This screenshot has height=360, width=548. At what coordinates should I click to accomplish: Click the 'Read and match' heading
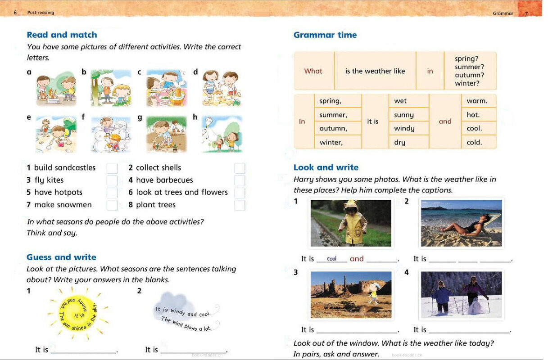62,35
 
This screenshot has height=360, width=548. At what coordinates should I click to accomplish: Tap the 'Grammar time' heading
325,35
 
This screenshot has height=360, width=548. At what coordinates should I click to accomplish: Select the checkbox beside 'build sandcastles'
112,168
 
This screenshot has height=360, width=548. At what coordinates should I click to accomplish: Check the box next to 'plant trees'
240,206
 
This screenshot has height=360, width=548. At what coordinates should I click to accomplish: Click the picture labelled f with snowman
111,134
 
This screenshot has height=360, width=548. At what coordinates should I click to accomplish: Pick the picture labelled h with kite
222,134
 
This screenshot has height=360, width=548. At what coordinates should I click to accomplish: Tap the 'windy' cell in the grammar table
404,129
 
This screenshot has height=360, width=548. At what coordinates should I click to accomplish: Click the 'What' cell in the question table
313,71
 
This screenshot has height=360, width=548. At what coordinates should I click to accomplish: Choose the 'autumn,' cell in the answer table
333,129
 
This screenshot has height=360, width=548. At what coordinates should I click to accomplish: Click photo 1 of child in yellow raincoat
351,223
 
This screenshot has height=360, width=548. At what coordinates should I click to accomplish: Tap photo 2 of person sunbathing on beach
461,223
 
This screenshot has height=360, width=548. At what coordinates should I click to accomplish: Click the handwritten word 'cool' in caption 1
332,259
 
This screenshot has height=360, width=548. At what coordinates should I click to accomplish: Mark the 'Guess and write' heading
61,257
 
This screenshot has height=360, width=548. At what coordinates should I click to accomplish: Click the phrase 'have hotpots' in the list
58,193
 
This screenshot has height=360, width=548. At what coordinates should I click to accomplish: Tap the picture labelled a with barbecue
56,88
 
